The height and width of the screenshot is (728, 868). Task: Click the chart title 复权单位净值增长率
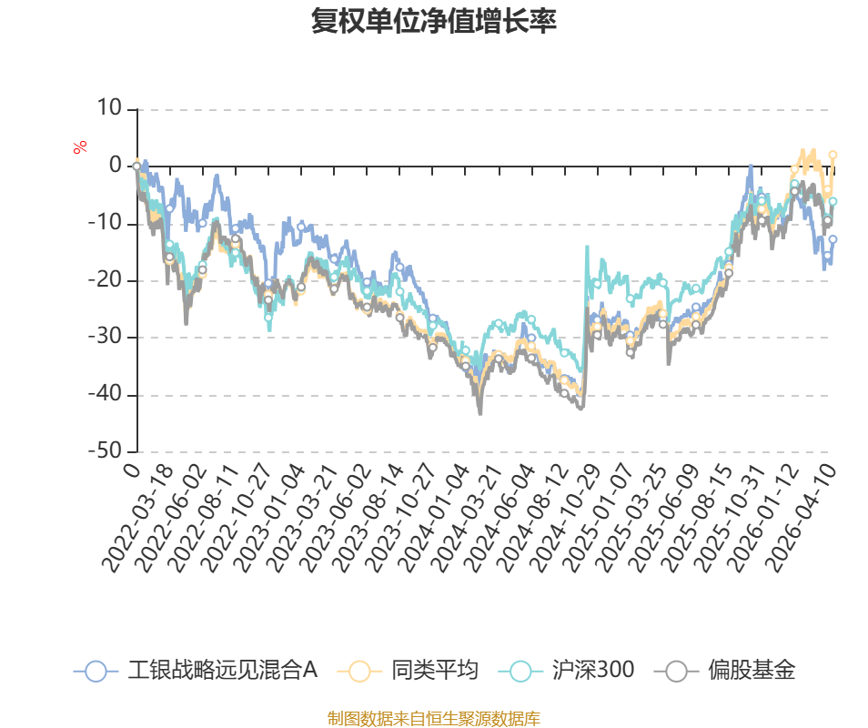click(433, 21)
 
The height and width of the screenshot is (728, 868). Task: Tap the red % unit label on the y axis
click(80, 147)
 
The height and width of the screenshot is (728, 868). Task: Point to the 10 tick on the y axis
click(109, 107)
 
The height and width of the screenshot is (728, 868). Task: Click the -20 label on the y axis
click(106, 279)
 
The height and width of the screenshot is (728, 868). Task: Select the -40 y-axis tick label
click(106, 394)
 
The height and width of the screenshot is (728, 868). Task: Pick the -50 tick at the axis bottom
click(106, 450)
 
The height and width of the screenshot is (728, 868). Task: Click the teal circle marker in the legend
click(520, 671)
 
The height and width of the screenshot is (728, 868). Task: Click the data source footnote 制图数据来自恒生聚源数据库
click(433, 718)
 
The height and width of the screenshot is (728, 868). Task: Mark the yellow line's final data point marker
click(833, 155)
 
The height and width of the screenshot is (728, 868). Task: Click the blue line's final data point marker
click(833, 239)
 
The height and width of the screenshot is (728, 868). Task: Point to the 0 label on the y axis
click(116, 165)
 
